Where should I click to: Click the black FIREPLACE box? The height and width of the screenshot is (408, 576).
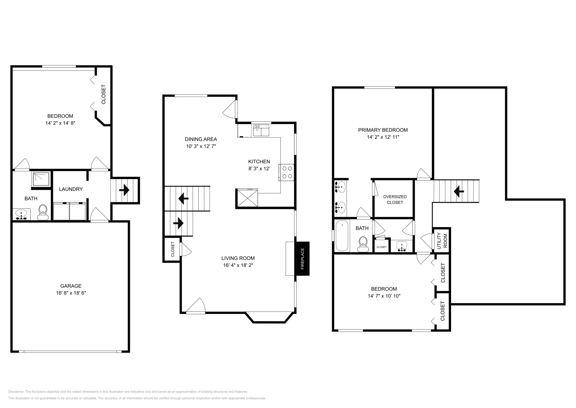point(302,259)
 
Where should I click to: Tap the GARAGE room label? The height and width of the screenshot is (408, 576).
point(71,286)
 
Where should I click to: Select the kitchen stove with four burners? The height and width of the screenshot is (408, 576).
point(287,172)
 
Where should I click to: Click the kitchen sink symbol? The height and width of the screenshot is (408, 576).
point(261,130)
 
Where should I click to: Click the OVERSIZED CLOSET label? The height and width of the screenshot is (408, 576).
point(395,199)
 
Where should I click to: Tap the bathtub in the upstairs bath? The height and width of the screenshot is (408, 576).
point(342,236)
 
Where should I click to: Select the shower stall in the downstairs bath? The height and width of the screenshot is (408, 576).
point(41,179)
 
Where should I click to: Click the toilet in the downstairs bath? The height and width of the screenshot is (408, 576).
point(43,212)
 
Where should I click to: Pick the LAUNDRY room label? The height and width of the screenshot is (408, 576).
point(71,189)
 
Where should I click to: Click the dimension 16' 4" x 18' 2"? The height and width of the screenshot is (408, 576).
point(238,265)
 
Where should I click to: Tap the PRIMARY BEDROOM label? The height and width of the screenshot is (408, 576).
point(383,130)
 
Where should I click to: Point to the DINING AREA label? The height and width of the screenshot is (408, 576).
point(201,139)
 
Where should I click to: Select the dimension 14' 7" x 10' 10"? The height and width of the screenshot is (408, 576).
point(384,296)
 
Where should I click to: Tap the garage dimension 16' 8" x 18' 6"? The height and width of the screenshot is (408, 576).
point(71,293)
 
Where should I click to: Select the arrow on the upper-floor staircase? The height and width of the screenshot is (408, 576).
point(458,191)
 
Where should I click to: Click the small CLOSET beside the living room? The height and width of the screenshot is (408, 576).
point(172,249)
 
